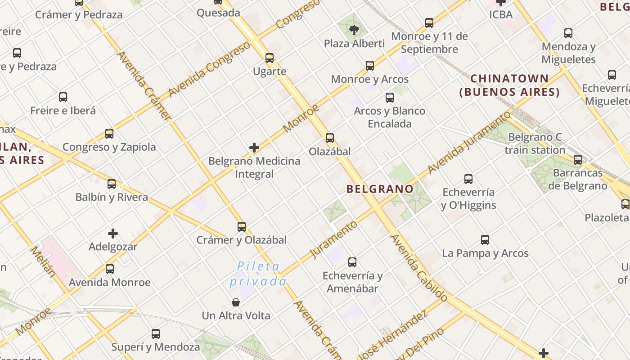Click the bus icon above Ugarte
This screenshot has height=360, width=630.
click(x=270, y=58)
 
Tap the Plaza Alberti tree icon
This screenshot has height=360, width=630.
click(x=354, y=30)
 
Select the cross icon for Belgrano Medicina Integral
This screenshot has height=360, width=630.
click(x=254, y=147)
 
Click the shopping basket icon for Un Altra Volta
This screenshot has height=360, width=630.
click(x=235, y=302)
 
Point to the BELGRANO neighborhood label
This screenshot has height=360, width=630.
click(x=380, y=189)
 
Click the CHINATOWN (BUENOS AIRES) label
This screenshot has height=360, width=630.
click(x=509, y=85)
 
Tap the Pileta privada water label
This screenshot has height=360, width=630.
click(x=258, y=274)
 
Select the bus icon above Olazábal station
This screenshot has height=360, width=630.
click(x=330, y=138)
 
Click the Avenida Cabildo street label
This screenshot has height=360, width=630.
click(x=419, y=268)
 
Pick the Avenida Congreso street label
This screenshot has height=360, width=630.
click(x=209, y=69)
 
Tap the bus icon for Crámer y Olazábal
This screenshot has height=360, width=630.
click(x=242, y=226)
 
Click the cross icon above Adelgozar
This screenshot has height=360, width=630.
click(x=113, y=234)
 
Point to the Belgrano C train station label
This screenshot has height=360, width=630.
click(x=535, y=144)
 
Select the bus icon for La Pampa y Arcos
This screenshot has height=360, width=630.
click(x=485, y=240)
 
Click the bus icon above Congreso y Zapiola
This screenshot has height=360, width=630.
click(x=109, y=134)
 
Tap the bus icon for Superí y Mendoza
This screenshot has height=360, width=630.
click(x=156, y=334)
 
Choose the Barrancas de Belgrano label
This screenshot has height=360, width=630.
click(x=578, y=179)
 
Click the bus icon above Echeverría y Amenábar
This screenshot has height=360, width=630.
click(x=352, y=262)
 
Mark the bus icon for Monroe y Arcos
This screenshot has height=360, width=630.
click(x=370, y=66)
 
